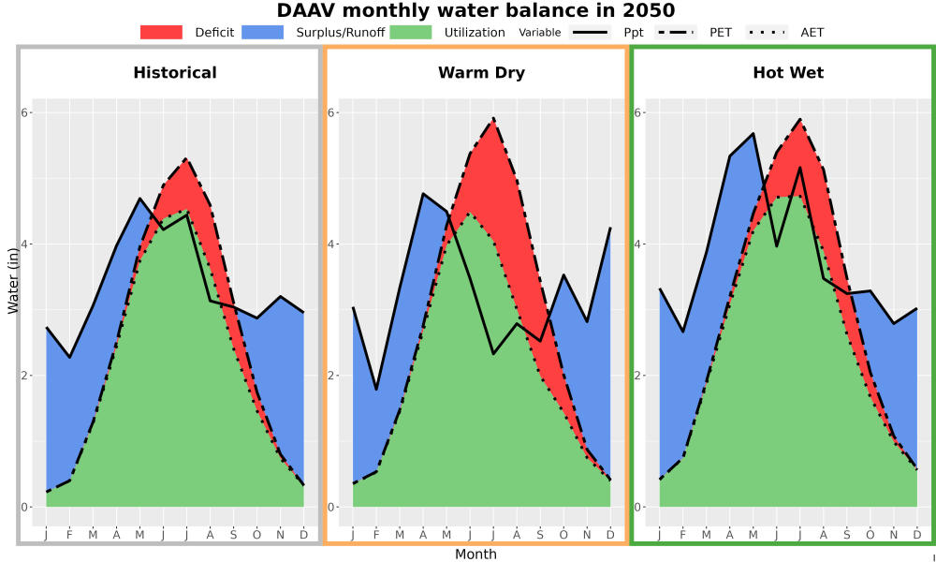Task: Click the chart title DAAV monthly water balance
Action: point(475,10)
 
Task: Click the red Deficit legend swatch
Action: point(161,32)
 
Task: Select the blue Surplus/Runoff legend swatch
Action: point(263,32)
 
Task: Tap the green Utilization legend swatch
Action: point(411,32)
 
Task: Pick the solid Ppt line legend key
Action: point(589,32)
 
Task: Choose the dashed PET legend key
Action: point(676,32)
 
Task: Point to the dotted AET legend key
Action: point(767,32)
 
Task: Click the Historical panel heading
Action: point(175,73)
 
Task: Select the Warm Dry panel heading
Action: point(481,73)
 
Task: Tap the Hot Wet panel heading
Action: point(788,73)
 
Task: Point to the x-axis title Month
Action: point(475,555)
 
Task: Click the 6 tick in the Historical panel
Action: point(25,113)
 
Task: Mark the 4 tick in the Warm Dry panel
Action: point(332,244)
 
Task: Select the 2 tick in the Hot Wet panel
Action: point(638,376)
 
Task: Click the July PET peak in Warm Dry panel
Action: point(493,118)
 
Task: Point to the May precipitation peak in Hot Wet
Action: point(753,133)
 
